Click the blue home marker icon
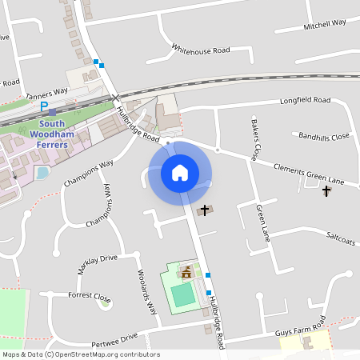coord(180,172)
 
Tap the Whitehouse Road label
coord(201,50)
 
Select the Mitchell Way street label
coord(324,26)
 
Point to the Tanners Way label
coord(47,93)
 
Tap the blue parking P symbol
coord(45,106)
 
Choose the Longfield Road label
coord(304,101)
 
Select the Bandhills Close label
coord(324,136)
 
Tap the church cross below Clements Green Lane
coord(326,191)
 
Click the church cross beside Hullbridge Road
coord(205,210)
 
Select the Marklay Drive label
coord(97,264)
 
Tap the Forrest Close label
coord(90,296)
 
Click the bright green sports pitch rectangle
coord(183,294)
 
